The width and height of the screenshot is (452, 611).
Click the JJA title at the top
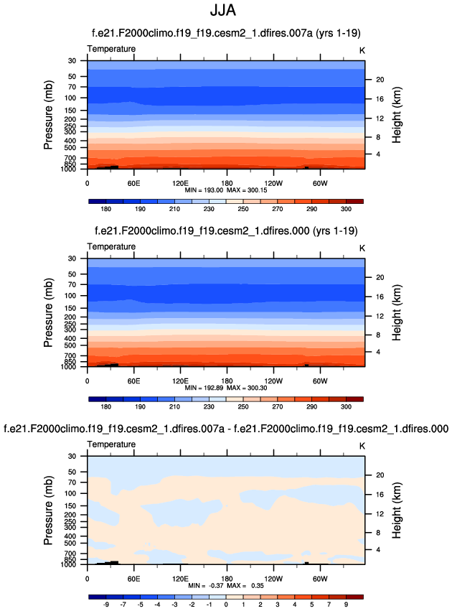(226, 11)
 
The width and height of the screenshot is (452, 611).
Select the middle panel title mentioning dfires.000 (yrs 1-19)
(226, 231)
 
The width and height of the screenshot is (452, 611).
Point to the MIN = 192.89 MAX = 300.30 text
(226, 387)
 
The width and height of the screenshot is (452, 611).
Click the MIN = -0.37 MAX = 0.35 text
(226, 585)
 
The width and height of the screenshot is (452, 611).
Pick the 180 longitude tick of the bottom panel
(227, 578)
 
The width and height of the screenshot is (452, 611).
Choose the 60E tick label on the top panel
(133, 182)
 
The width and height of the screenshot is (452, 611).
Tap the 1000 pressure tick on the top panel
(69, 169)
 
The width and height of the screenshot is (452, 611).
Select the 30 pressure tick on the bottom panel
(72, 456)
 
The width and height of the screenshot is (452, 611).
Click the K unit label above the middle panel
(362, 247)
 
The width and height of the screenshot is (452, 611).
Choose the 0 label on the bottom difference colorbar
(226, 605)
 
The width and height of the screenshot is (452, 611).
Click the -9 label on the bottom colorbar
(105, 605)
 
